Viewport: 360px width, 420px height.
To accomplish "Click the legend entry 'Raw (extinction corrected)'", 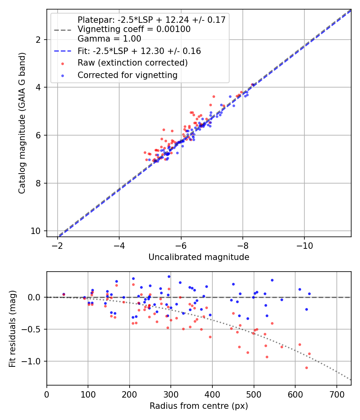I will [132, 63].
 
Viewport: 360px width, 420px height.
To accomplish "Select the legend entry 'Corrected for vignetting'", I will [128, 75].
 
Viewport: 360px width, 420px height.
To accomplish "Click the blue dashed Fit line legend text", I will [139, 51].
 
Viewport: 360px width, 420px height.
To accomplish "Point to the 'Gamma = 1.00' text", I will [109, 39].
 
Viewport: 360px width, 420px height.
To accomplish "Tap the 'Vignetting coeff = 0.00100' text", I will [134, 29].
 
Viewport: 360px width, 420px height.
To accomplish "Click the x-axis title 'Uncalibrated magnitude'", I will [199, 257].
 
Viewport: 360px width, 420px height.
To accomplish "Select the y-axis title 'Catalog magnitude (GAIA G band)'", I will [22, 123].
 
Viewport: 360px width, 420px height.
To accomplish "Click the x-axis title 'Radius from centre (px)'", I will [199, 406].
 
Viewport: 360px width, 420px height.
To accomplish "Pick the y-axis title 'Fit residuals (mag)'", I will [12, 328].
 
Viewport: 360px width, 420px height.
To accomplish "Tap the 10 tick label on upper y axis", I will [38, 231].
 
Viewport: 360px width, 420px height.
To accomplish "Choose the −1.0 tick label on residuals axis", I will [34, 361].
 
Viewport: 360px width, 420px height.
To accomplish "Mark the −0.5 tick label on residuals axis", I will [34, 329].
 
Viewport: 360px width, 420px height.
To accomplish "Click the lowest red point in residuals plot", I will [306, 368].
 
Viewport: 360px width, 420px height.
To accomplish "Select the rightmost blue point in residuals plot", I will [309, 294].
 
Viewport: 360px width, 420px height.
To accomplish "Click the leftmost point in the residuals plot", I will [64, 294].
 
